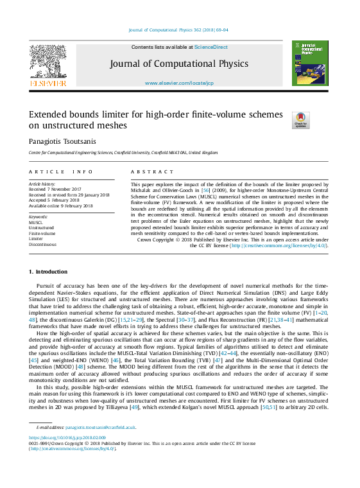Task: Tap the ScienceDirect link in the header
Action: click(211, 47)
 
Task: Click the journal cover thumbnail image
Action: click(309, 63)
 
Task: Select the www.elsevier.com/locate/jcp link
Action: click(179, 83)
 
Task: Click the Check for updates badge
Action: click(300, 120)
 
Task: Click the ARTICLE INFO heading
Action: click(61, 172)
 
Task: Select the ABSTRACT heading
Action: click(153, 172)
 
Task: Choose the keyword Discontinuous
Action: click(43, 245)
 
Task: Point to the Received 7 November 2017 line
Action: click(55, 189)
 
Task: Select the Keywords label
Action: click(39, 217)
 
